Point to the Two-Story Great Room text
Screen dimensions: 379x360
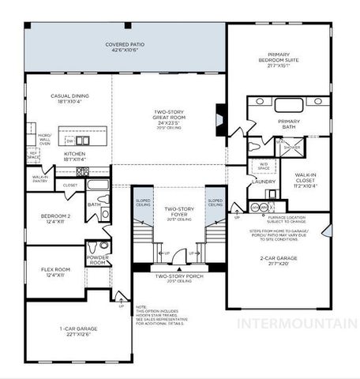pos(169,119)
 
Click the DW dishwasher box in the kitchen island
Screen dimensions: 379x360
pos(69,141)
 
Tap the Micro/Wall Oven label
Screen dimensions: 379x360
pos(45,140)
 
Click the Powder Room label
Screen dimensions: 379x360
pos(98,260)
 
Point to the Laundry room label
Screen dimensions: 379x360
pos(264,182)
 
